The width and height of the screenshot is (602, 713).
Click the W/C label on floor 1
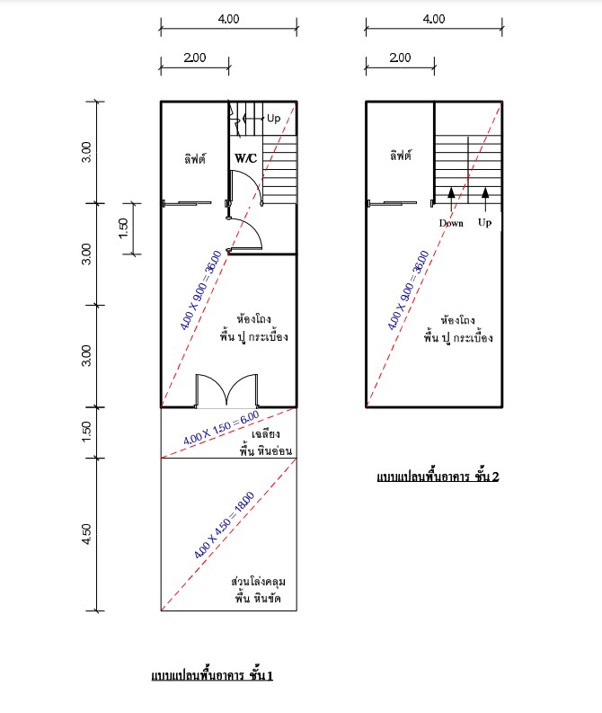point(246,158)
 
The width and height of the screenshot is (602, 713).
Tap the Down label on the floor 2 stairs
point(451,223)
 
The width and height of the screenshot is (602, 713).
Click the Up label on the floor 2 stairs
point(485,223)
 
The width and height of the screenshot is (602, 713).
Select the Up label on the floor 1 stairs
point(273,119)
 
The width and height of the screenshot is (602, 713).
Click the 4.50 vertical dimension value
point(86,533)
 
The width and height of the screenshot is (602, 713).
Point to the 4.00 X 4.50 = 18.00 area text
point(224,525)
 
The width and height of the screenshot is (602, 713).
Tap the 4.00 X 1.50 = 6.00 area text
point(221,428)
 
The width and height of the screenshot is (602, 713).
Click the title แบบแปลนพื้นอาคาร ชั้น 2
point(438,477)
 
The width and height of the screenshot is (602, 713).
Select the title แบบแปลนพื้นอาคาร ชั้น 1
point(212,675)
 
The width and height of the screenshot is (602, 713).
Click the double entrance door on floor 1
point(226,389)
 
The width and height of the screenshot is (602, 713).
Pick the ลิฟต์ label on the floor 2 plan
point(401,156)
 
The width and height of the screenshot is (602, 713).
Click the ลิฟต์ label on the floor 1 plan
point(195,159)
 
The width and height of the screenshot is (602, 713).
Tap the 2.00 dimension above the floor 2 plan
point(400,58)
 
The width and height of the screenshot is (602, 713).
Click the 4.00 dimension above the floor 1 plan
point(228,19)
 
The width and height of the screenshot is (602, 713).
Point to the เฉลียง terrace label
point(266,433)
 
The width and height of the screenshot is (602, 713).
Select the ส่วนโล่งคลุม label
point(258,582)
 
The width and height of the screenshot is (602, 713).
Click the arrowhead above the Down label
point(451,192)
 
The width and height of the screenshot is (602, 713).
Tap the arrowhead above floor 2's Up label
point(485,192)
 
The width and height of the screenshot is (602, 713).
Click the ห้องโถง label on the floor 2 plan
point(458,320)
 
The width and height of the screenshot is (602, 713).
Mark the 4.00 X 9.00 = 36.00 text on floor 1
point(201,290)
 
